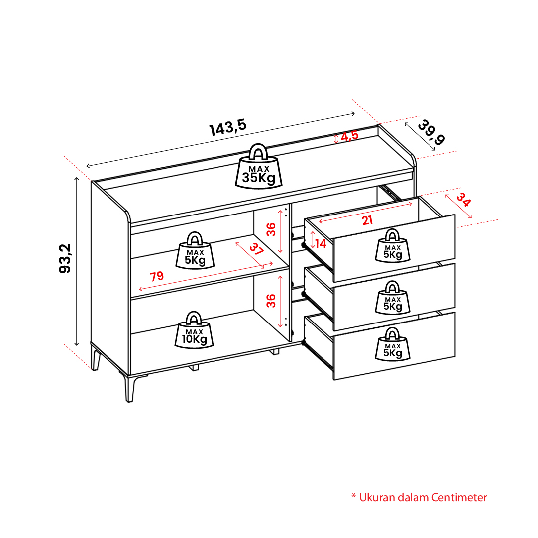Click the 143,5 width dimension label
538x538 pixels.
tap(228, 127)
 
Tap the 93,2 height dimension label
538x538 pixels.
tap(65, 258)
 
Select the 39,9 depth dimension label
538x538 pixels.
tap(431, 132)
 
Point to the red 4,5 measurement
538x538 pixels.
tap(350, 136)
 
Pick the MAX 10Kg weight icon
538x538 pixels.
tap(194, 330)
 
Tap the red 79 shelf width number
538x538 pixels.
tap(157, 276)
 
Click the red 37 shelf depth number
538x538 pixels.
tap(256, 249)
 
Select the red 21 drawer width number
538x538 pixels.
tap(367, 220)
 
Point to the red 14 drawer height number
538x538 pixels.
tap(321, 243)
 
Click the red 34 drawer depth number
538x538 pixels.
tap(463, 200)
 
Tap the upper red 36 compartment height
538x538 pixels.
tap(271, 229)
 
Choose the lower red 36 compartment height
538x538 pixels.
tap(271, 301)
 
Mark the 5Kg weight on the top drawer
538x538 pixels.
tap(393, 246)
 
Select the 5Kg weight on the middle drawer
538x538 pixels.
tap(393, 298)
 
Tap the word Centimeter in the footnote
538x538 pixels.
tap(459, 498)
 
